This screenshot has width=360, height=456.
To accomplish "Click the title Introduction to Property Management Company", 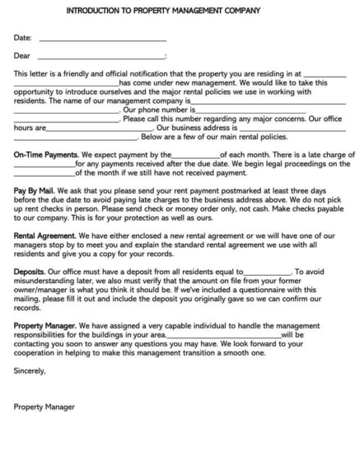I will point(180,12).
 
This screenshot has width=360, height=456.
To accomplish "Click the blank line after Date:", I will point(102,40).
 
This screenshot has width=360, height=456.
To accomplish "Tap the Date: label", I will point(24,38).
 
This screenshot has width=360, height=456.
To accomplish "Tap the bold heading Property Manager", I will point(46,371).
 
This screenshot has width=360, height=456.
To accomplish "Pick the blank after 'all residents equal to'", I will point(268,318).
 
